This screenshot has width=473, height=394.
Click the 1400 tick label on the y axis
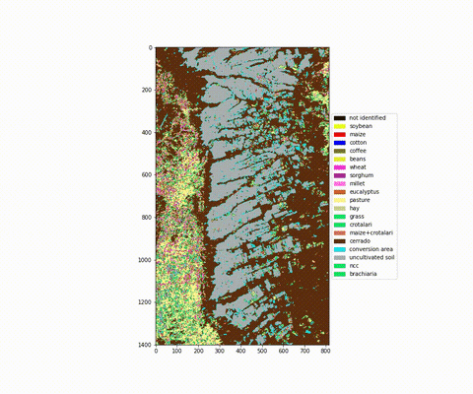[145, 345]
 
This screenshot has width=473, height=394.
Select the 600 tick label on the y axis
[147, 174]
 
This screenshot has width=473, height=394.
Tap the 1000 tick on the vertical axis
[145, 260]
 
